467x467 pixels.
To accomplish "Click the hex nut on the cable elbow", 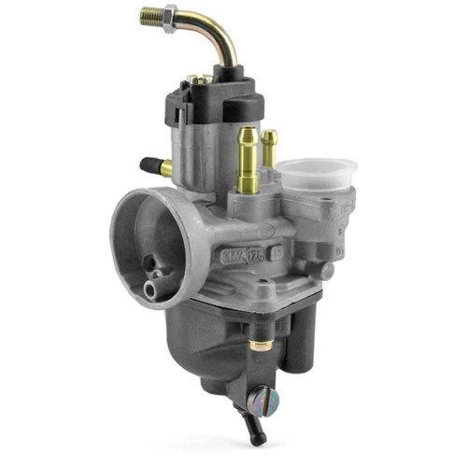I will tap(171, 20).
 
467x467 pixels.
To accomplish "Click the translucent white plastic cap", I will tap(318, 175).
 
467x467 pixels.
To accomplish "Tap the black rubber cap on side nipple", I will tap(149, 165).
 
